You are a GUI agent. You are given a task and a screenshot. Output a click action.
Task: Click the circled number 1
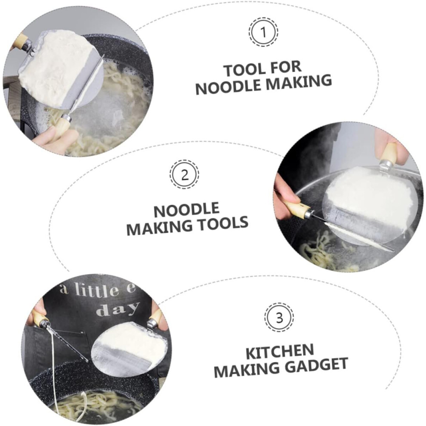(263, 32)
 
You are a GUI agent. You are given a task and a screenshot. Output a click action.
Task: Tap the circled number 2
(185, 174)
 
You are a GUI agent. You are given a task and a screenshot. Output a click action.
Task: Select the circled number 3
(279, 317)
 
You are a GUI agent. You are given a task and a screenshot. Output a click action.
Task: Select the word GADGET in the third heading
(317, 365)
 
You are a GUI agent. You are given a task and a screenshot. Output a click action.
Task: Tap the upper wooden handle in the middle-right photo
(390, 154)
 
